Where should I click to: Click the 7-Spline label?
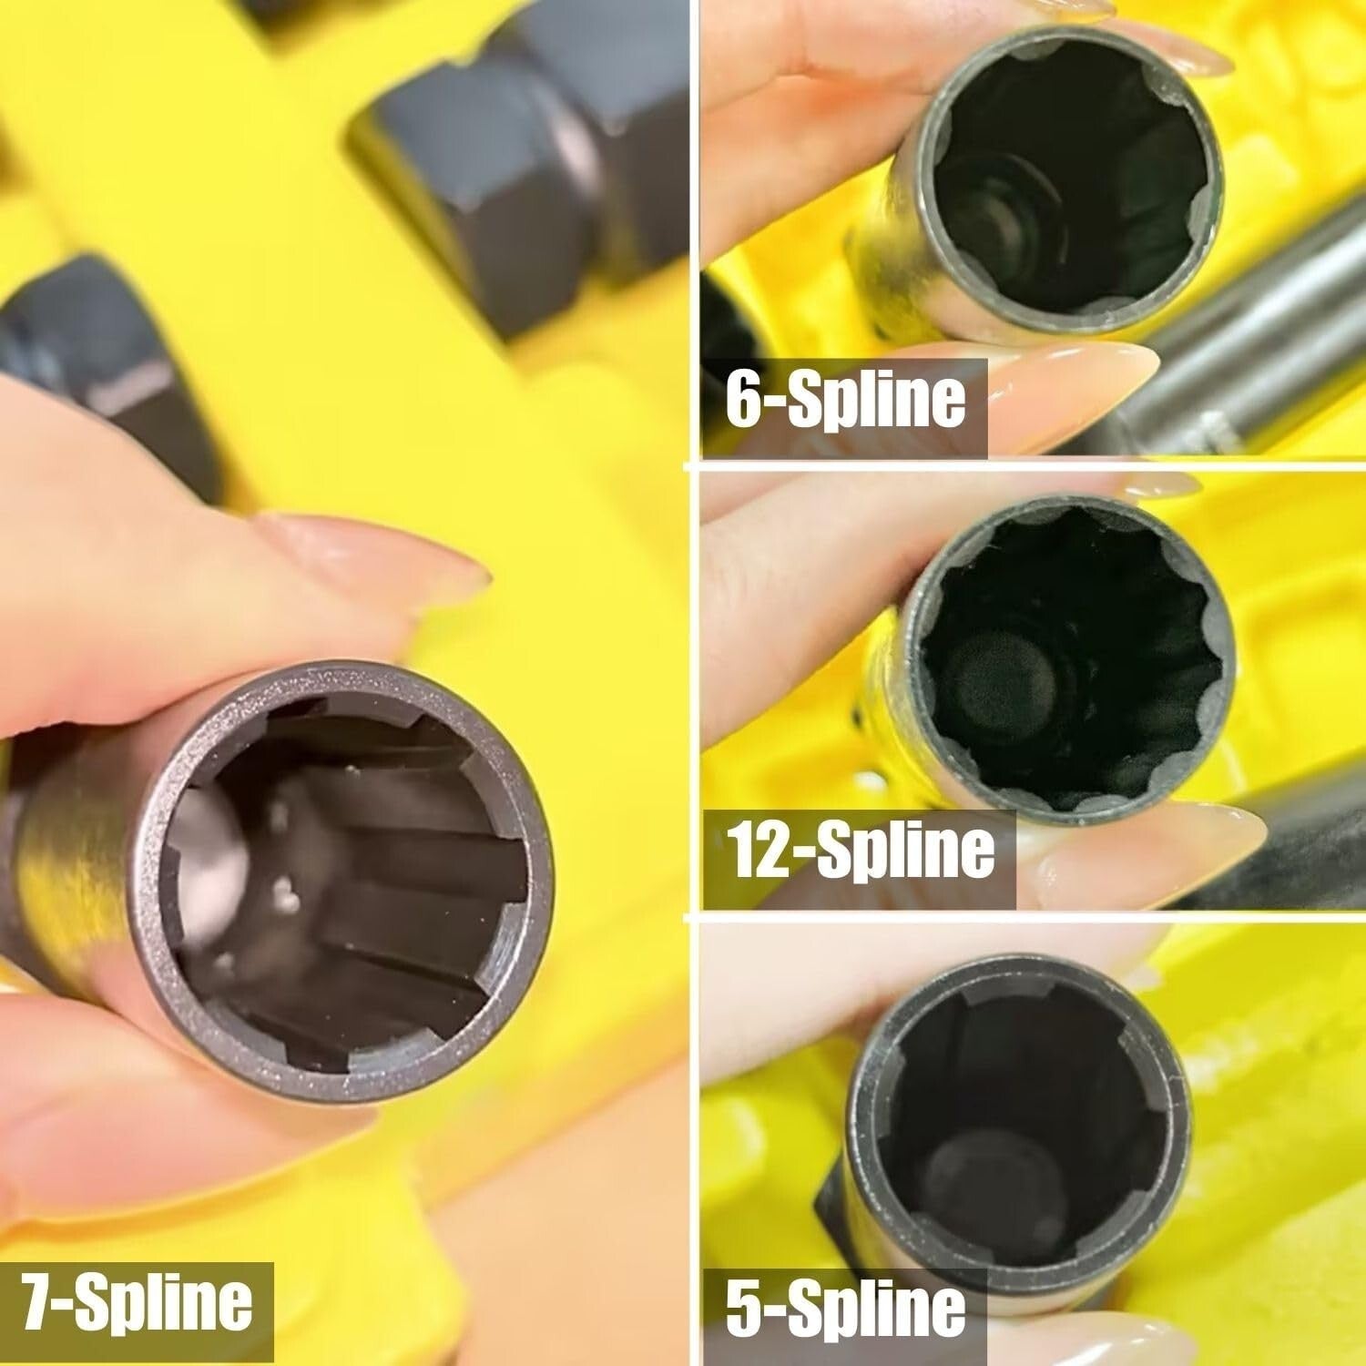pos(137,1300)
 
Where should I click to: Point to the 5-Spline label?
pos(845,1308)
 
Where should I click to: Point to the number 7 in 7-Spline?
pos(38,1300)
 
